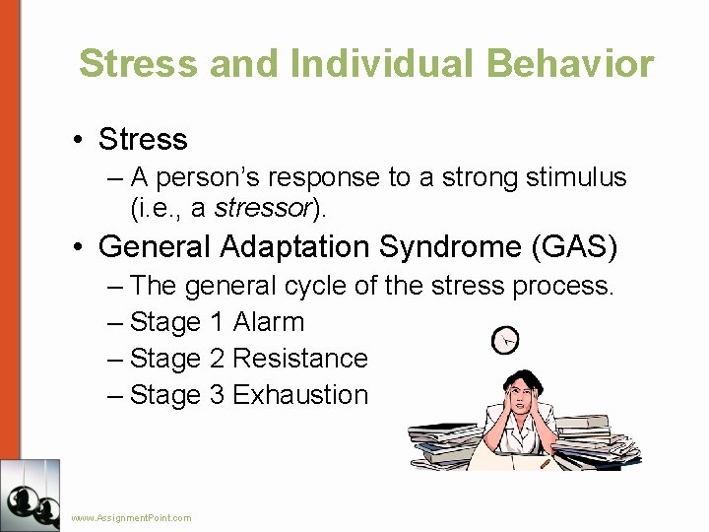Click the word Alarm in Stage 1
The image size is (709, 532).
pyautogui.click(x=269, y=322)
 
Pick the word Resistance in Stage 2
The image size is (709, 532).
pyautogui.click(x=300, y=359)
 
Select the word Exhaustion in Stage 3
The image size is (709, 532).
pyautogui.click(x=300, y=395)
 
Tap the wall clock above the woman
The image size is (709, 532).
pyautogui.click(x=505, y=341)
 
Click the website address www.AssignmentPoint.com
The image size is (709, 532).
pyautogui.click(x=131, y=517)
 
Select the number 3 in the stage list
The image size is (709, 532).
pyautogui.click(x=218, y=395)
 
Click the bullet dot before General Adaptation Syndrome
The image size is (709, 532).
pyautogui.click(x=79, y=246)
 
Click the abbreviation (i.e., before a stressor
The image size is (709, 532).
pyautogui.click(x=154, y=208)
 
